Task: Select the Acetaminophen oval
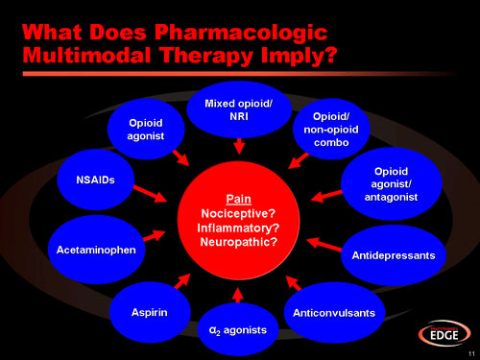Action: point(94,249)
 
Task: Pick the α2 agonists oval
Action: point(238,329)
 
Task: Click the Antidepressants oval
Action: point(392,255)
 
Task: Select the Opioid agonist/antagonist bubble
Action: point(392,183)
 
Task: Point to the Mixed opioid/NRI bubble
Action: point(239,108)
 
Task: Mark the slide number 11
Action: point(468,353)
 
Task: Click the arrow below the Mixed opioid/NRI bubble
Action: point(239,146)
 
